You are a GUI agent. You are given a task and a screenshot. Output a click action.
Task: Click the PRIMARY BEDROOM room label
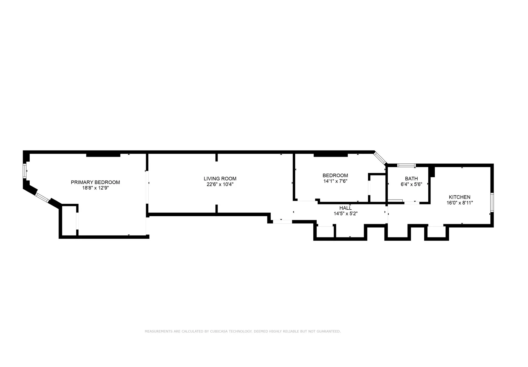click(95, 182)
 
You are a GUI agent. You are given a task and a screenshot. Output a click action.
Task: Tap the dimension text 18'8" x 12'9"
click(95, 188)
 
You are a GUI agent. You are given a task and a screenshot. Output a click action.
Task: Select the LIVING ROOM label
click(220, 179)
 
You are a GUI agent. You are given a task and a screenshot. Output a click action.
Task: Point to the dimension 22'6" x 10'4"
click(220, 184)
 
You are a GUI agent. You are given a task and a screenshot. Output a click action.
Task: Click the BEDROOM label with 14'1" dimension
click(335, 175)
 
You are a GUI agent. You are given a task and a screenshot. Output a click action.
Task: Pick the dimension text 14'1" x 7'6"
click(335, 181)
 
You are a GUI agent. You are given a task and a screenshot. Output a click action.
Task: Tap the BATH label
click(411, 179)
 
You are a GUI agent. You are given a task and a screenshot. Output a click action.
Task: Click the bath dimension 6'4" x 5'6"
click(411, 184)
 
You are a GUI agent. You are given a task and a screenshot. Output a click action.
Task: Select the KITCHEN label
click(459, 197)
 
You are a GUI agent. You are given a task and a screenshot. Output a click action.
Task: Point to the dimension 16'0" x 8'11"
click(459, 203)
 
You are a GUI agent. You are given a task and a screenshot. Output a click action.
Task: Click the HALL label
click(345, 208)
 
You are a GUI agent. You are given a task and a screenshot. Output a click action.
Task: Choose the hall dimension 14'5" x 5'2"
click(345, 214)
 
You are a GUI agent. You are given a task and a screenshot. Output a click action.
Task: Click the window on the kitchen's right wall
click(492, 202)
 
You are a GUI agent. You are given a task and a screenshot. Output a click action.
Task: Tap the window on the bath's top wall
click(406, 165)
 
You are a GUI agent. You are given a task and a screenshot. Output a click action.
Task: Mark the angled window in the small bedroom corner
click(380, 158)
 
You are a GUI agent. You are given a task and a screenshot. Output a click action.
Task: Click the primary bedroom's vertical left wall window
click(25, 171)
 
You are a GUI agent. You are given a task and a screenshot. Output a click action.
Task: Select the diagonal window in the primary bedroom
click(42, 198)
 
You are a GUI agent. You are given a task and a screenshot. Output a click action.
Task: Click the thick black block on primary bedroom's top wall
click(103, 155)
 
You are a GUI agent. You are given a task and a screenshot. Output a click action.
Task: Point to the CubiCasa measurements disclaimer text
click(243, 331)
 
